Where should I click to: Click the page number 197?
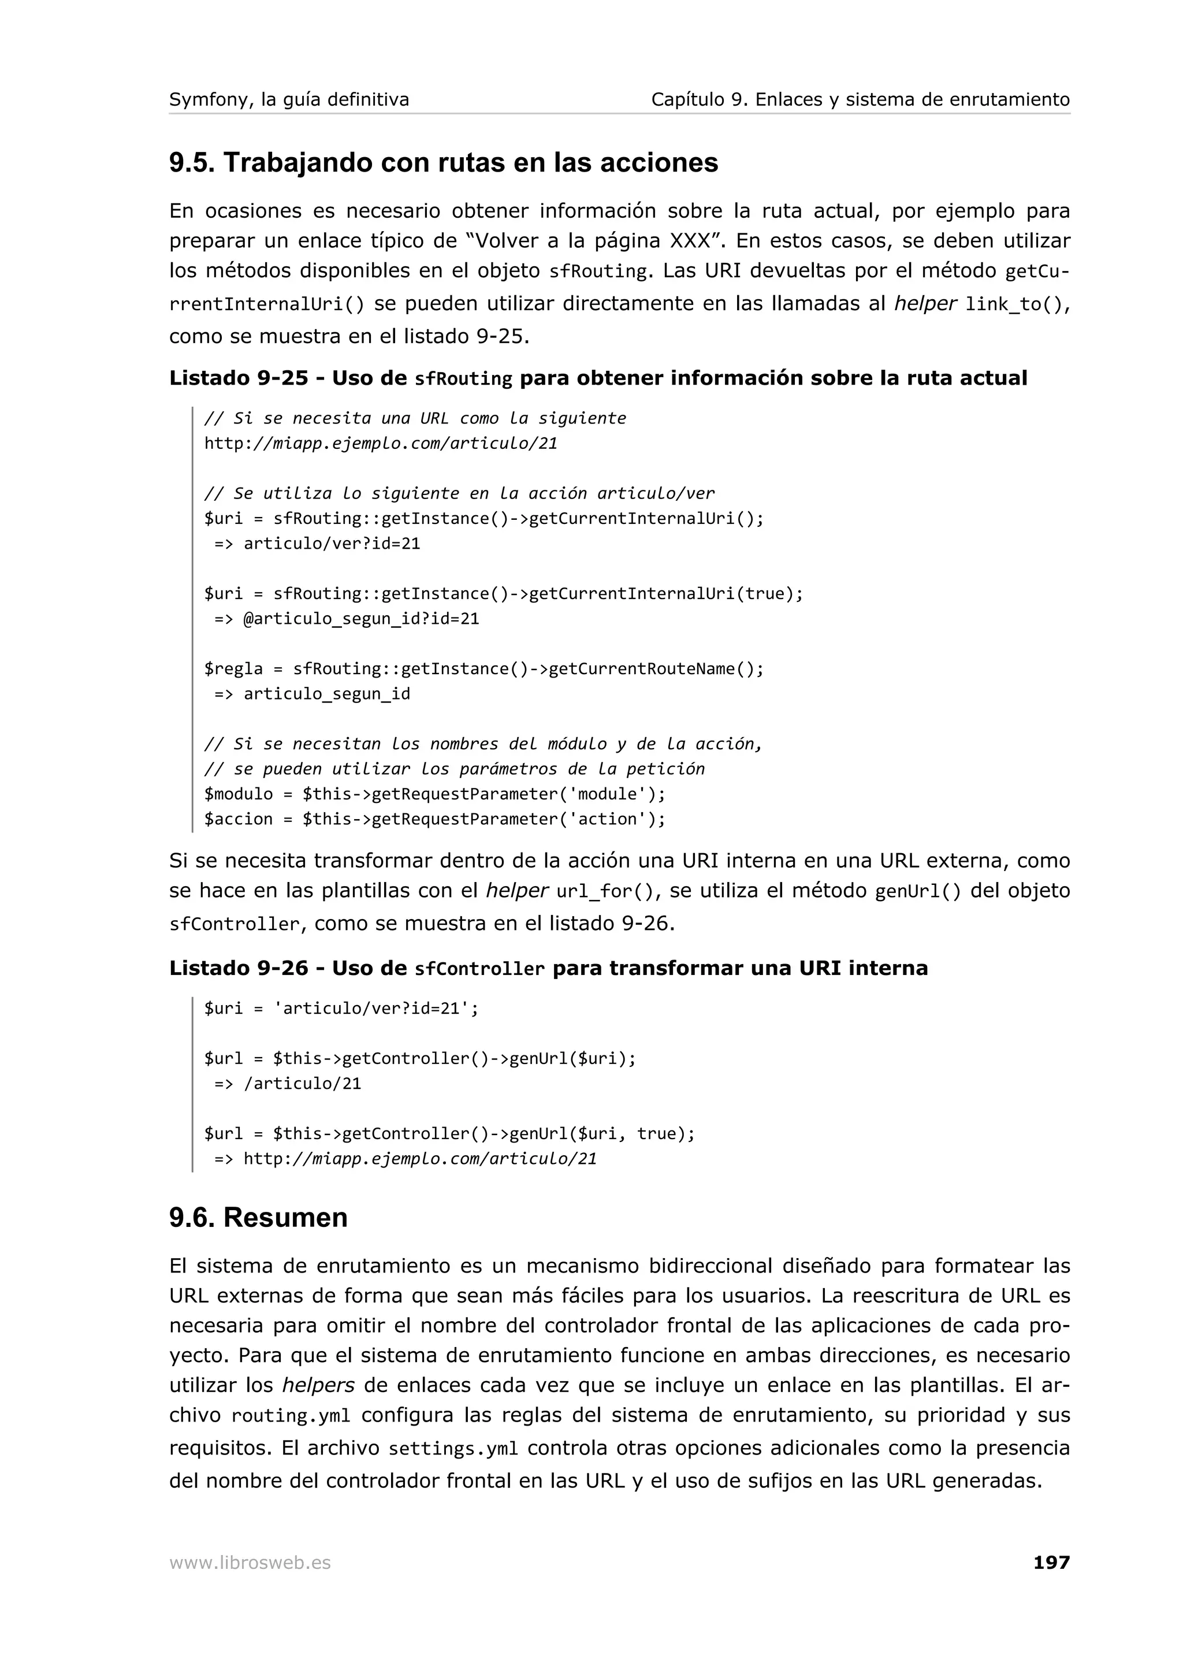click(x=1051, y=1562)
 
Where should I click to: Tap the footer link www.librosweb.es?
click(x=250, y=1563)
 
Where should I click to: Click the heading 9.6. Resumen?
click(x=258, y=1217)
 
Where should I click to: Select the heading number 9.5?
click(x=192, y=162)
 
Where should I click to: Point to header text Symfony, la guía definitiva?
click(x=289, y=99)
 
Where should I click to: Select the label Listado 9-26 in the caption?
click(x=239, y=968)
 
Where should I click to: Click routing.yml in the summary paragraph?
click(x=290, y=1416)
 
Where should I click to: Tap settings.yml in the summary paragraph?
click(x=453, y=1448)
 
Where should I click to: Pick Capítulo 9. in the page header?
click(x=699, y=99)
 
